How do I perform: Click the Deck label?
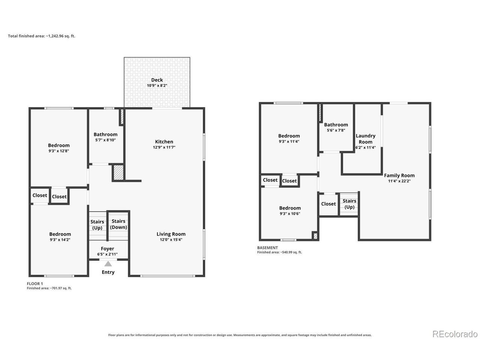(x=157, y=80)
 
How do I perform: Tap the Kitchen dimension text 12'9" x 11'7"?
(x=164, y=147)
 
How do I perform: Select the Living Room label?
(x=171, y=234)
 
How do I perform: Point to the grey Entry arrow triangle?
(x=108, y=264)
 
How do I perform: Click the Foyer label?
(x=107, y=249)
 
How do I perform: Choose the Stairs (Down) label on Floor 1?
(x=118, y=224)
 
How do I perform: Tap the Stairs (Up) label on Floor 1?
(x=97, y=225)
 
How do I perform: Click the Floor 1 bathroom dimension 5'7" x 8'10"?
(x=105, y=140)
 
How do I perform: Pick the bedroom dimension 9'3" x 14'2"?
(x=60, y=240)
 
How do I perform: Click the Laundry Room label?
(x=365, y=139)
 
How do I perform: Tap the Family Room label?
(x=399, y=175)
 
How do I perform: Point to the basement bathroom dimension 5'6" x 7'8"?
(x=336, y=130)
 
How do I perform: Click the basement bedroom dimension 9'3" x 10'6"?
(x=290, y=214)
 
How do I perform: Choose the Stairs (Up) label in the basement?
(x=349, y=204)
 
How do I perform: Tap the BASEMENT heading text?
(x=267, y=247)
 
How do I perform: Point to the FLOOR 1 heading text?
(x=35, y=284)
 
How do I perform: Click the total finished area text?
(x=42, y=36)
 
